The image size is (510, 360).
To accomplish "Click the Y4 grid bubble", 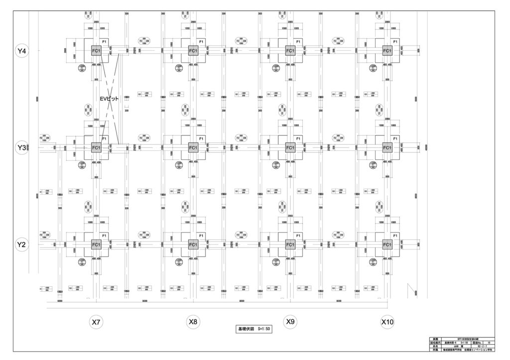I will tap(22, 51).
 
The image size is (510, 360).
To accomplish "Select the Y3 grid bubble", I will tap(22, 148).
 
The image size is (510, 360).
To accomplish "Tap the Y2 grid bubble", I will tap(22, 244).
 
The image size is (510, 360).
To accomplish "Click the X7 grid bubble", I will tap(96, 322).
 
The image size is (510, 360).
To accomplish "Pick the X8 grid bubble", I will tap(193, 322).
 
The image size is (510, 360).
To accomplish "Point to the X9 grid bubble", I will tap(290, 322).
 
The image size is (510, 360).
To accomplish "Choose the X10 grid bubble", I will tap(387, 322).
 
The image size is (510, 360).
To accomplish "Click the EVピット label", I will tap(109, 99).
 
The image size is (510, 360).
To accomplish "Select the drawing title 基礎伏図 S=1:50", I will tap(254, 330).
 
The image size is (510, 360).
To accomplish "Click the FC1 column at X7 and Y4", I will tap(96, 51).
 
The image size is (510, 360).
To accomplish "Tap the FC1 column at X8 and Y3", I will tap(193, 148).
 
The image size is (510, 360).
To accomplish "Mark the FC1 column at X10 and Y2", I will tap(387, 244).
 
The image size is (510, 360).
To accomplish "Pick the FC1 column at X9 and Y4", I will tap(290, 51).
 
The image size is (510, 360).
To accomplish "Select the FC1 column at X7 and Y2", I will tap(96, 244).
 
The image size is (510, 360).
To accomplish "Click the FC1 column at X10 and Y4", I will tap(387, 51).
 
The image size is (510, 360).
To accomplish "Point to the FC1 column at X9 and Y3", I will tap(290, 148).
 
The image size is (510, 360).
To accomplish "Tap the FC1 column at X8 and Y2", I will tap(193, 244).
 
